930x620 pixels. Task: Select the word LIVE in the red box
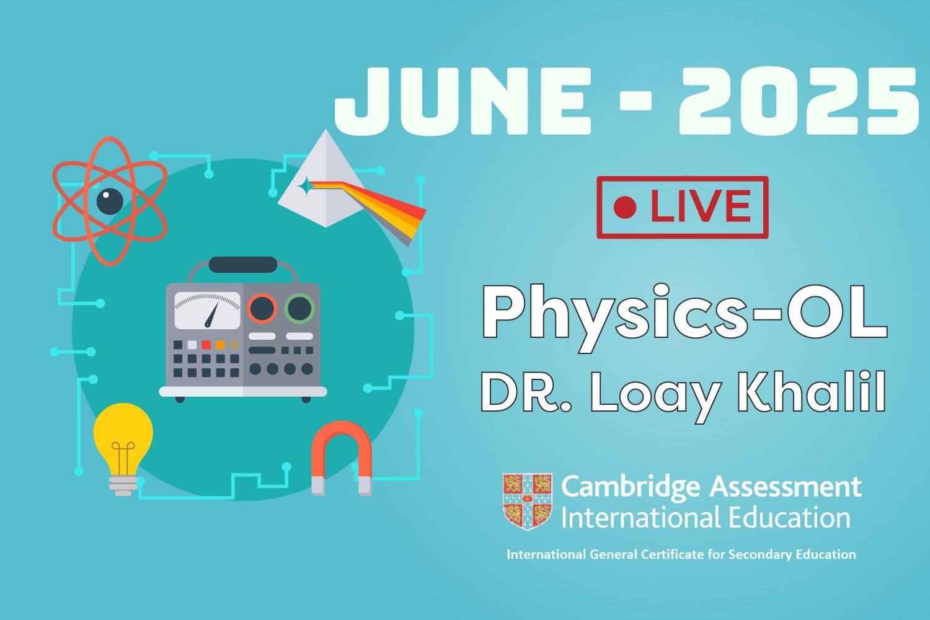[x=699, y=208]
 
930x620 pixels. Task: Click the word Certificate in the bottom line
[x=670, y=554]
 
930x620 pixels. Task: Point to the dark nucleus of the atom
[x=109, y=200]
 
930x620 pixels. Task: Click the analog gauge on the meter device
[x=207, y=309]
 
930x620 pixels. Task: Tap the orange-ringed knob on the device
[x=262, y=308]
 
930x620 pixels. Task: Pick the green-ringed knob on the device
[x=299, y=308]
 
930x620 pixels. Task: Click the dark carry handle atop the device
[x=242, y=265]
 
